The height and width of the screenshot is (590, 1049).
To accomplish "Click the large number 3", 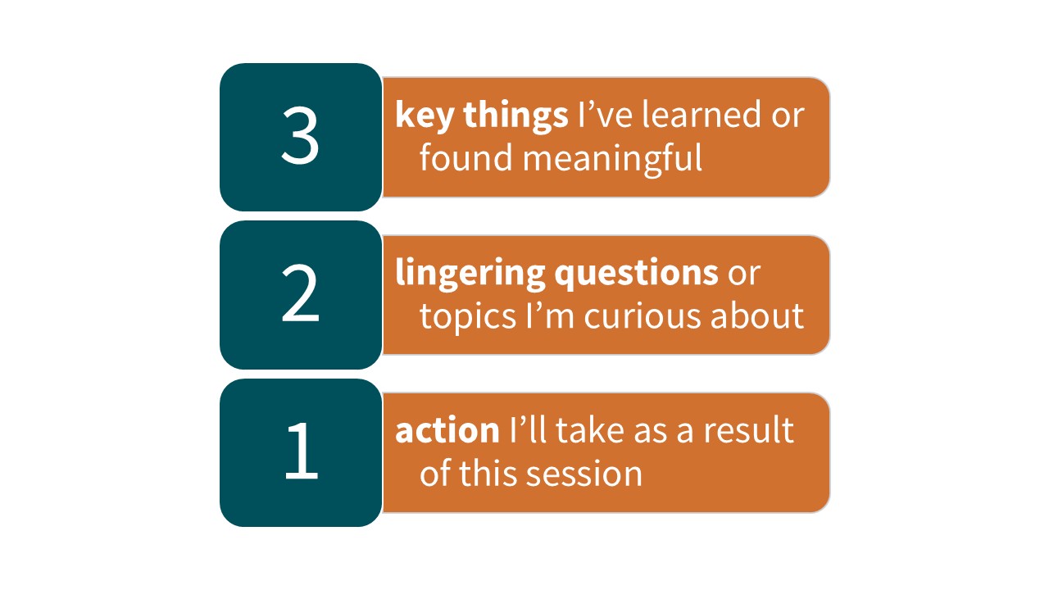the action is point(300,135).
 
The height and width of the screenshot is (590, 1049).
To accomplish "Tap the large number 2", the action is point(300,293).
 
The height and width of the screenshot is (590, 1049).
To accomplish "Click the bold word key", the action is point(425,116).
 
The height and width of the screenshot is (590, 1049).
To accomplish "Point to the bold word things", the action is point(516,116).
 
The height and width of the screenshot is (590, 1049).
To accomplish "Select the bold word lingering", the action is point(470,274).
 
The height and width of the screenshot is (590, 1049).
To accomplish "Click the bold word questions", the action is point(637,274).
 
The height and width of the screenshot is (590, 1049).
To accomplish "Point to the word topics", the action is point(467,317).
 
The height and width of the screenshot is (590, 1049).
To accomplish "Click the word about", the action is point(757,315).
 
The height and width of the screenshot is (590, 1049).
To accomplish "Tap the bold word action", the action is point(447,430).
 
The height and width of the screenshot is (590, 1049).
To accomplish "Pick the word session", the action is point(584,474).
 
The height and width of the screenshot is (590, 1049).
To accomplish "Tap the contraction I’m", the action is point(550,315).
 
